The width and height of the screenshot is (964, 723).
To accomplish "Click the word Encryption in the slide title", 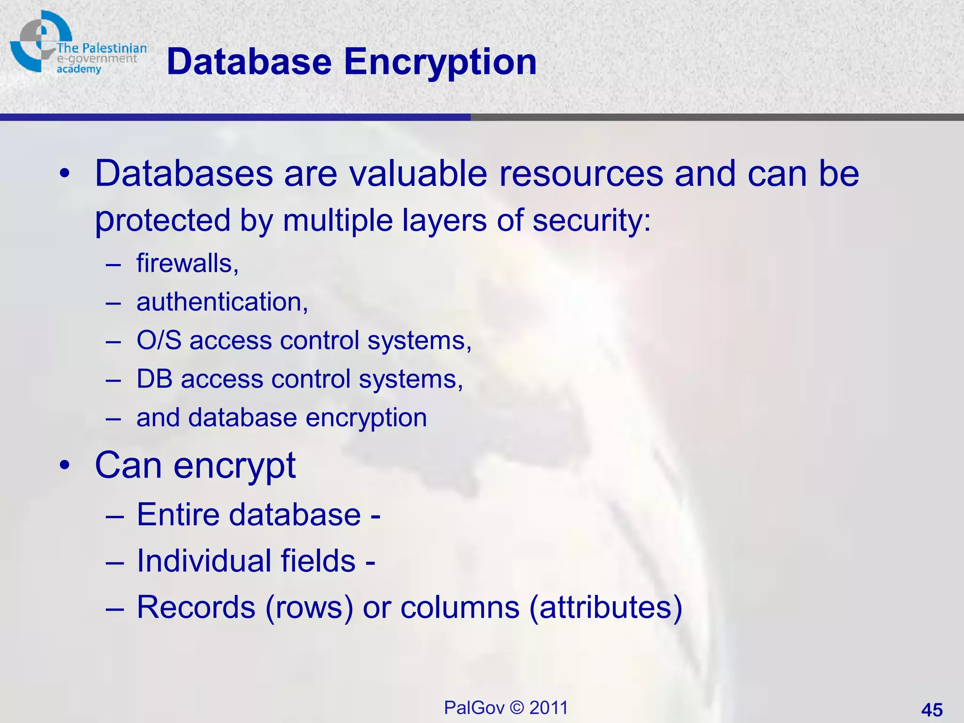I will [440, 63].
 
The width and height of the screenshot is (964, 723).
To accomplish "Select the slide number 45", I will [932, 709].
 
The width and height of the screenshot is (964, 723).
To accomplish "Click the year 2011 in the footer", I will [548, 708].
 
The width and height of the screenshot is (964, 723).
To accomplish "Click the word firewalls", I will [187, 263].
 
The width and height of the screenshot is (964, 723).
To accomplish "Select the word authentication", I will [222, 302].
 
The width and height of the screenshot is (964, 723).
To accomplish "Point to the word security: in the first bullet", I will [592, 220].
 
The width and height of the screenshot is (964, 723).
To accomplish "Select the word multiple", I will [337, 220].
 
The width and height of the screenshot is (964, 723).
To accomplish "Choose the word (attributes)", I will [606, 607].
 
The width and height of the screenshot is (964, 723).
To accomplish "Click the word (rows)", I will [309, 607].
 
